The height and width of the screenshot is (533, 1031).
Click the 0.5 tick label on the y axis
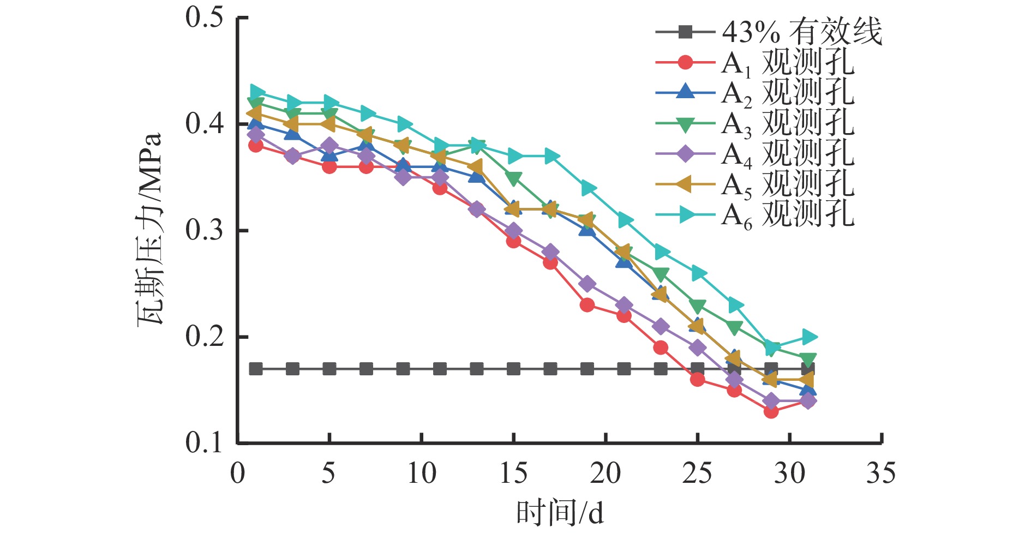(x=205, y=17)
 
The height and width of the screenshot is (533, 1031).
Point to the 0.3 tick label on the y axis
(x=205, y=230)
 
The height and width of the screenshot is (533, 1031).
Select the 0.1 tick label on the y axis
(x=205, y=442)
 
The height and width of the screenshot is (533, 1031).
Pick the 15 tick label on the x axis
(x=513, y=473)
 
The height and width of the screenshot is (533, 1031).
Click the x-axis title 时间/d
(x=560, y=513)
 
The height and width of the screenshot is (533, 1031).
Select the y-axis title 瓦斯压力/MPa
(x=149, y=229)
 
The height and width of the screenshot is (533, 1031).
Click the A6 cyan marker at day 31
(x=809, y=337)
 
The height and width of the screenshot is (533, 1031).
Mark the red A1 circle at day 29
(x=771, y=411)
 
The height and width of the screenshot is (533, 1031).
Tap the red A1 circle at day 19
(x=587, y=305)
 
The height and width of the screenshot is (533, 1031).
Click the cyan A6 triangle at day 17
(x=551, y=156)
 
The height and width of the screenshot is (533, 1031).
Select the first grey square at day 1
(x=256, y=369)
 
